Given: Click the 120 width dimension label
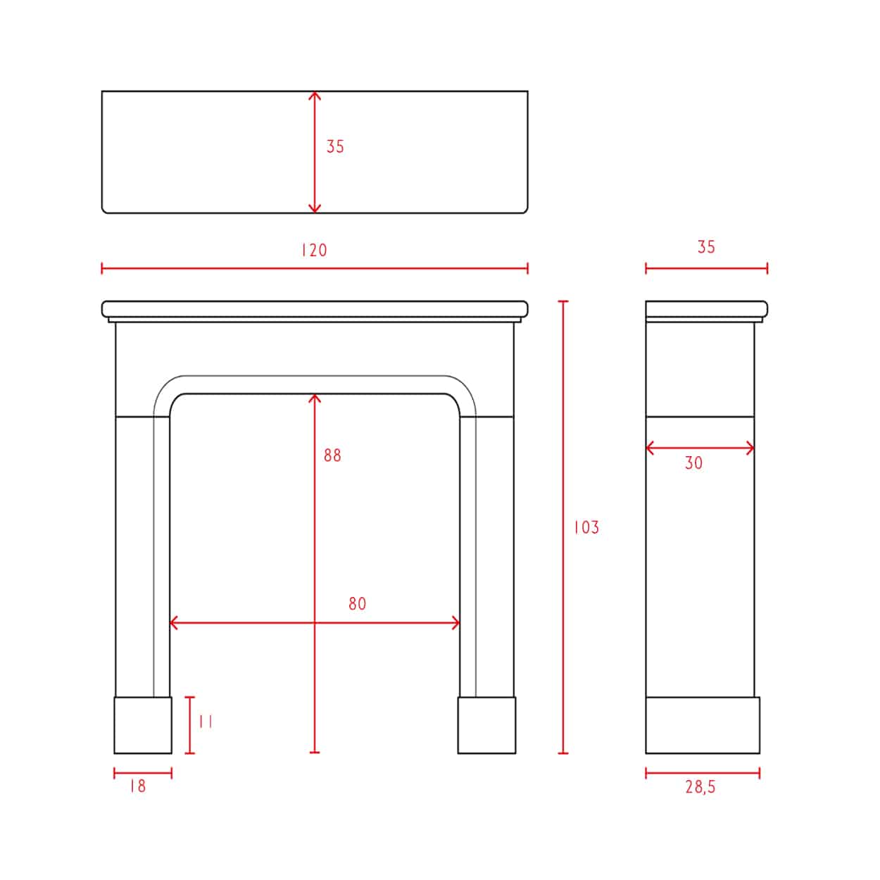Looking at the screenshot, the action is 314,250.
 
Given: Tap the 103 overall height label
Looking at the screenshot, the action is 586,528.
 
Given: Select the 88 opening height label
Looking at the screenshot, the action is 332,455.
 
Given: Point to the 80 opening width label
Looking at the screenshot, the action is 357,604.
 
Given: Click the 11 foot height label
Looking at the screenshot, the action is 206,722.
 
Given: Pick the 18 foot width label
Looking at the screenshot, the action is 138,786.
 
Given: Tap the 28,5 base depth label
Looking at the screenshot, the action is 700,787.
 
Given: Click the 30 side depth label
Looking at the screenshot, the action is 693,463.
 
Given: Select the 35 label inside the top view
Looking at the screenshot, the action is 334,146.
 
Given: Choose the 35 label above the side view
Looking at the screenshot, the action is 706,247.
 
